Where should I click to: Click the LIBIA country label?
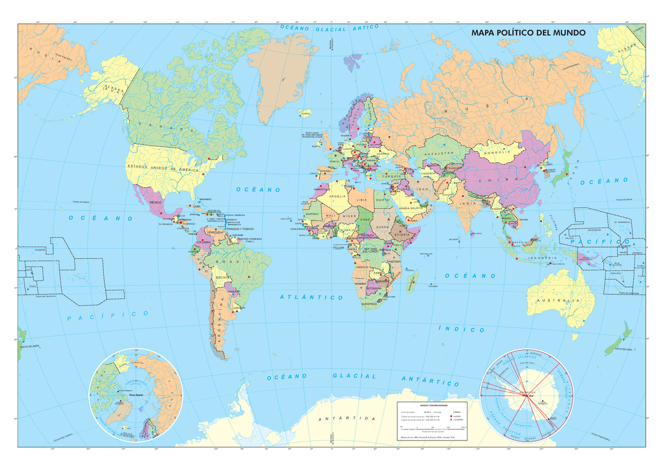[x=362, y=199]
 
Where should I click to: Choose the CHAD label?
[x=365, y=220]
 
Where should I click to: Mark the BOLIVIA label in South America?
[x=223, y=276]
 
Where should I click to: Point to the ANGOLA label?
[x=362, y=267]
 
